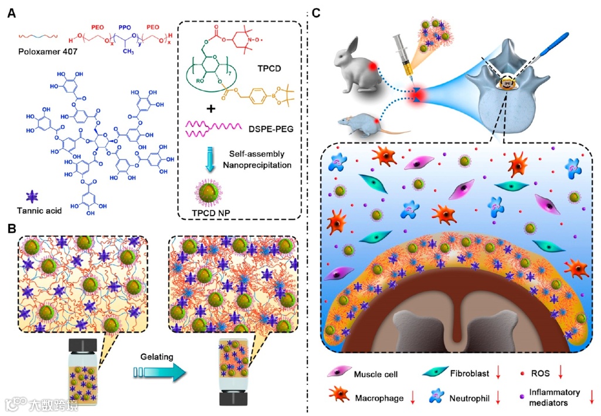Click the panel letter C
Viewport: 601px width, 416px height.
click(x=316, y=13)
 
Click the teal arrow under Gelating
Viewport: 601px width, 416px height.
click(x=153, y=373)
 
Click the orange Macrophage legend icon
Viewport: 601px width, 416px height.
click(x=338, y=397)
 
